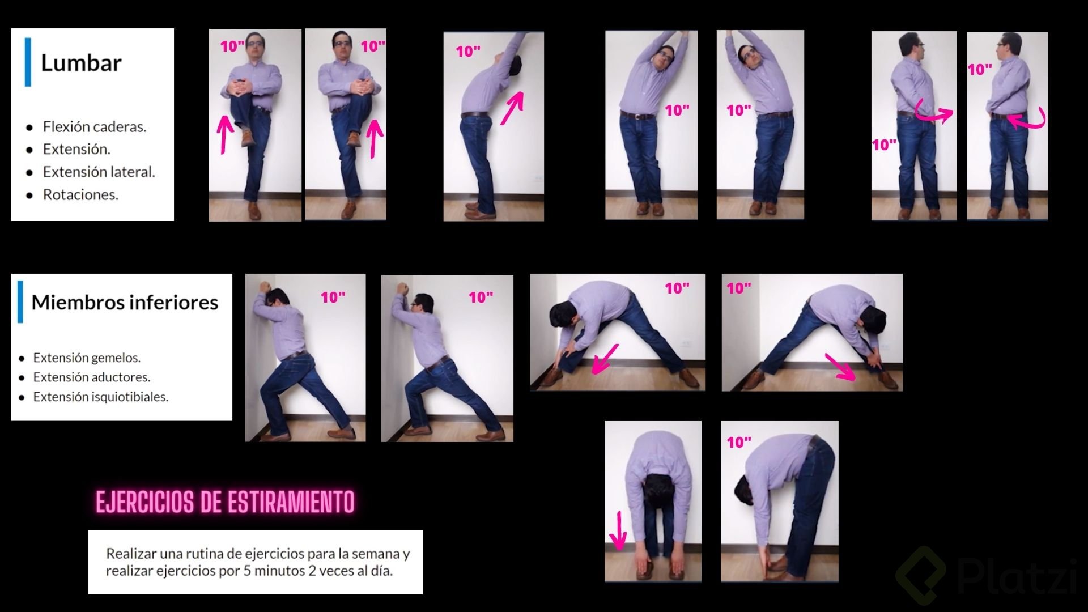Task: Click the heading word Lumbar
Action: [x=81, y=62]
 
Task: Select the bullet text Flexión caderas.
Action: [x=95, y=126]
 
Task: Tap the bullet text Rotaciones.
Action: [x=80, y=194]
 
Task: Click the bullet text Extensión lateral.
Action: [x=99, y=172]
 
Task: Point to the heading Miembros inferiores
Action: [x=125, y=302]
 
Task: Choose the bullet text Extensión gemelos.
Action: [x=87, y=358]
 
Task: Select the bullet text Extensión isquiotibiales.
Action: [x=100, y=397]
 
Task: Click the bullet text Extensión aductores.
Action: [x=91, y=377]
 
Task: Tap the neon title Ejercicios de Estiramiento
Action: [x=225, y=501]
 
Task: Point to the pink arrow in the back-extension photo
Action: [x=512, y=109]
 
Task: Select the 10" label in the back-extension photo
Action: [x=468, y=52]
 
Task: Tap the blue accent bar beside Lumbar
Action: [x=28, y=62]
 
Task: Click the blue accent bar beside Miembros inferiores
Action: [x=20, y=301]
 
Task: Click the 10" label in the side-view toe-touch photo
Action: [x=739, y=442]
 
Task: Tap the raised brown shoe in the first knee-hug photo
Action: [x=247, y=137]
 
